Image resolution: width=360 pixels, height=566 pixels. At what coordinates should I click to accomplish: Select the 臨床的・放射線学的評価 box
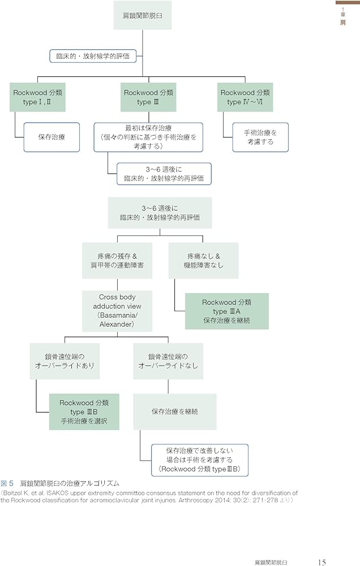coord(93,56)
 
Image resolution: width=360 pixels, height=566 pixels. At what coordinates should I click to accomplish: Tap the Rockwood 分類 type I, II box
coord(38,97)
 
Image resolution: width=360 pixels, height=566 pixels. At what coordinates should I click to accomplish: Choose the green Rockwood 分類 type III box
coord(148,97)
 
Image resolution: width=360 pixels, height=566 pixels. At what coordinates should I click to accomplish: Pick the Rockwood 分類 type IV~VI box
coord(245,97)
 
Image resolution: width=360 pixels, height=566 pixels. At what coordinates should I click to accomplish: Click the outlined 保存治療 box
coord(51,136)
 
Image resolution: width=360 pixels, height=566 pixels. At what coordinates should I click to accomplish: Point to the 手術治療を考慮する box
coord(260,136)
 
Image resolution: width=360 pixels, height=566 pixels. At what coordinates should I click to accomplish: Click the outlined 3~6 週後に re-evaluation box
coord(164,174)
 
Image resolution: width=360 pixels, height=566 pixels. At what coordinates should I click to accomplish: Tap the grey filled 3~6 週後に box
coord(160,212)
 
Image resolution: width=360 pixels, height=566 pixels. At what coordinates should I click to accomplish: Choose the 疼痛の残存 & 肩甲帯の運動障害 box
coord(117,260)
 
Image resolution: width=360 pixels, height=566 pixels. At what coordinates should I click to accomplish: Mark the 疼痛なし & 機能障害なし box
coord(203,260)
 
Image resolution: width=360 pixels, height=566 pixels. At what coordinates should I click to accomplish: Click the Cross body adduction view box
coord(117,311)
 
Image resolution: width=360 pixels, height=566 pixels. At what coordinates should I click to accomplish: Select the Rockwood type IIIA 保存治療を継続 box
coord(226,311)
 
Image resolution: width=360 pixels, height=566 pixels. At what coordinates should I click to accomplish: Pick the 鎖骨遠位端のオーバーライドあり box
coord(65,361)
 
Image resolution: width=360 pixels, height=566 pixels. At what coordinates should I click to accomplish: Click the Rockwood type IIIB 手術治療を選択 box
coord(84,411)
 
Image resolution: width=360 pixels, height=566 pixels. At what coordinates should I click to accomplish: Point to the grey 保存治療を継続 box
coord(174,411)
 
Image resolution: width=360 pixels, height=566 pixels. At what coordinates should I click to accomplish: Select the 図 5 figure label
coord(8,483)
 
